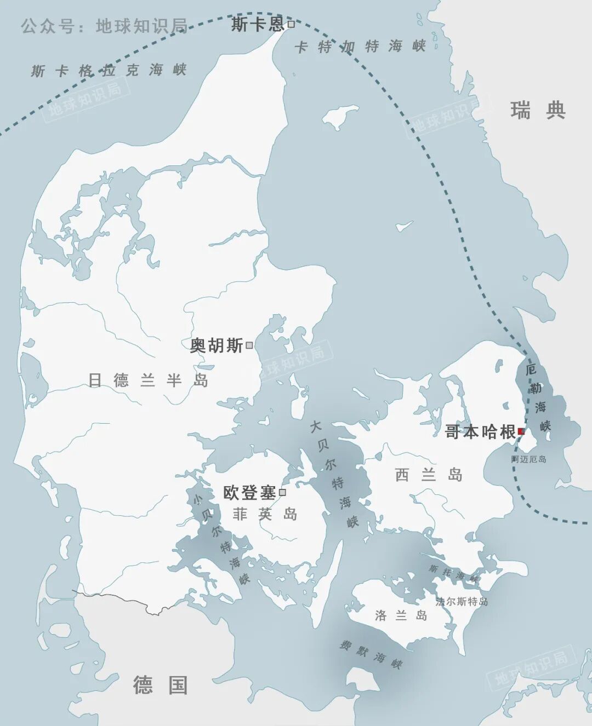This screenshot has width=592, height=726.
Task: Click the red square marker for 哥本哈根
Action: (521, 431)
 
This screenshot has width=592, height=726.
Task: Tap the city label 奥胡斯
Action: (217, 345)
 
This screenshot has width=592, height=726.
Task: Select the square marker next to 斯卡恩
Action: (291, 24)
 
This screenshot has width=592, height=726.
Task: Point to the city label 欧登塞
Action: (249, 493)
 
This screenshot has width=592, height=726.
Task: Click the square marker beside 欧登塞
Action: (282, 492)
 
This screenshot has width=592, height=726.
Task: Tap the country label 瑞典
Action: (538, 111)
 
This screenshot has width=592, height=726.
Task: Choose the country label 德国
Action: (161, 685)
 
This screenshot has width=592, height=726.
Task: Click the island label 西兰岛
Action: (429, 475)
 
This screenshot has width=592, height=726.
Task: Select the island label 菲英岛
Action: (265, 514)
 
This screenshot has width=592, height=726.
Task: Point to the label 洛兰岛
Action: (401, 615)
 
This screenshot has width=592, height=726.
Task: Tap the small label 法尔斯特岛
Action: (462, 601)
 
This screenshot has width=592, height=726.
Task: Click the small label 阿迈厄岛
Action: (529, 459)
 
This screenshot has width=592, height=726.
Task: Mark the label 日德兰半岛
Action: (149, 380)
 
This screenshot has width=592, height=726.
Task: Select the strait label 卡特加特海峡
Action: (360, 47)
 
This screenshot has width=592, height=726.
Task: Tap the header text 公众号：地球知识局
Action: (104, 26)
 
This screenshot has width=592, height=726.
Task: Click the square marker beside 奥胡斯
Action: (249, 345)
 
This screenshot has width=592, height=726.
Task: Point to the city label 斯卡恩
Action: (258, 24)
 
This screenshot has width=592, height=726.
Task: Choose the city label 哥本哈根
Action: (480, 432)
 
